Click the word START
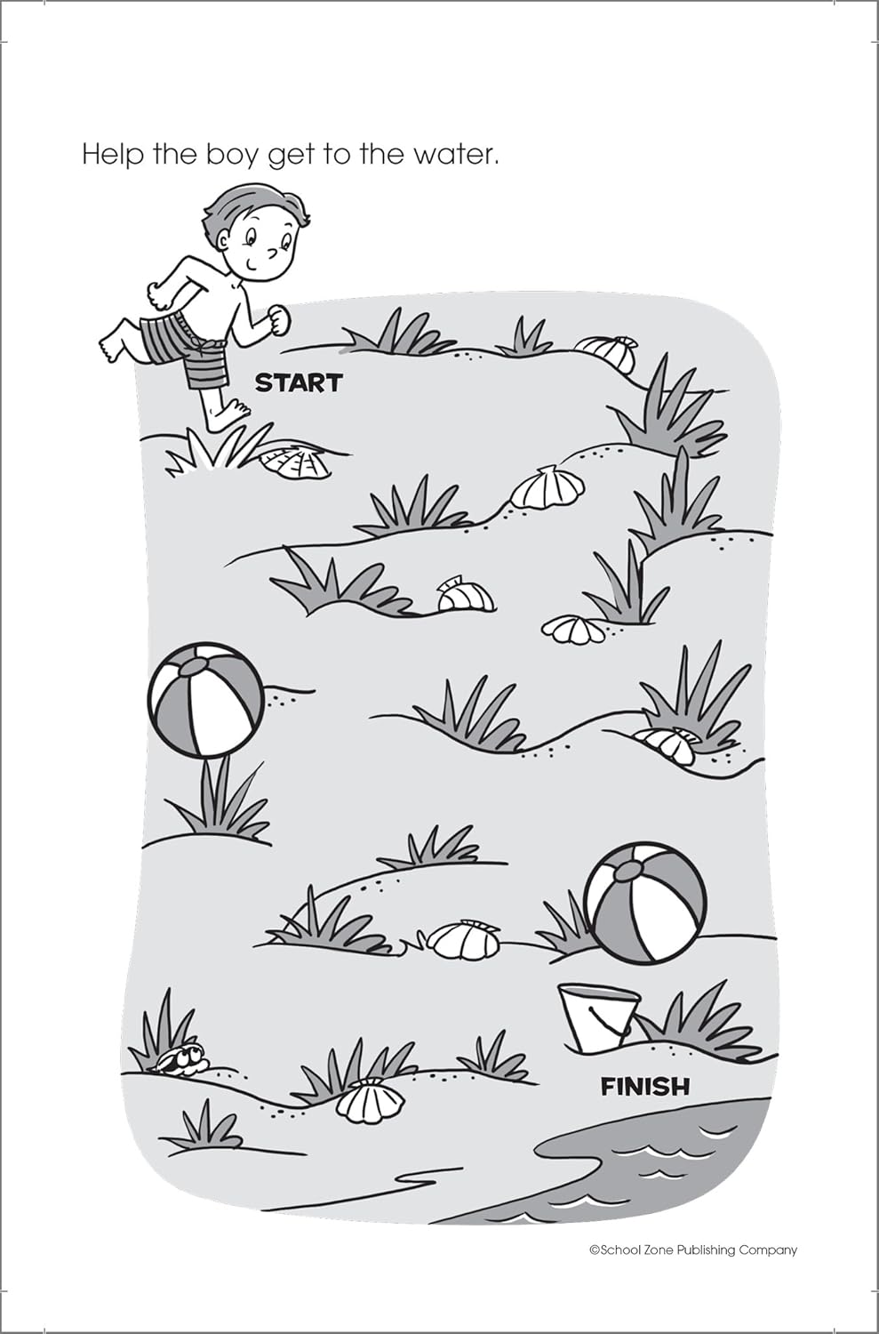click(x=299, y=382)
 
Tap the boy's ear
click(x=222, y=241)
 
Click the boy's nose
click(x=273, y=253)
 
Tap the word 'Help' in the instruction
click(x=113, y=155)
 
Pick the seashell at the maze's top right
click(x=606, y=352)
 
